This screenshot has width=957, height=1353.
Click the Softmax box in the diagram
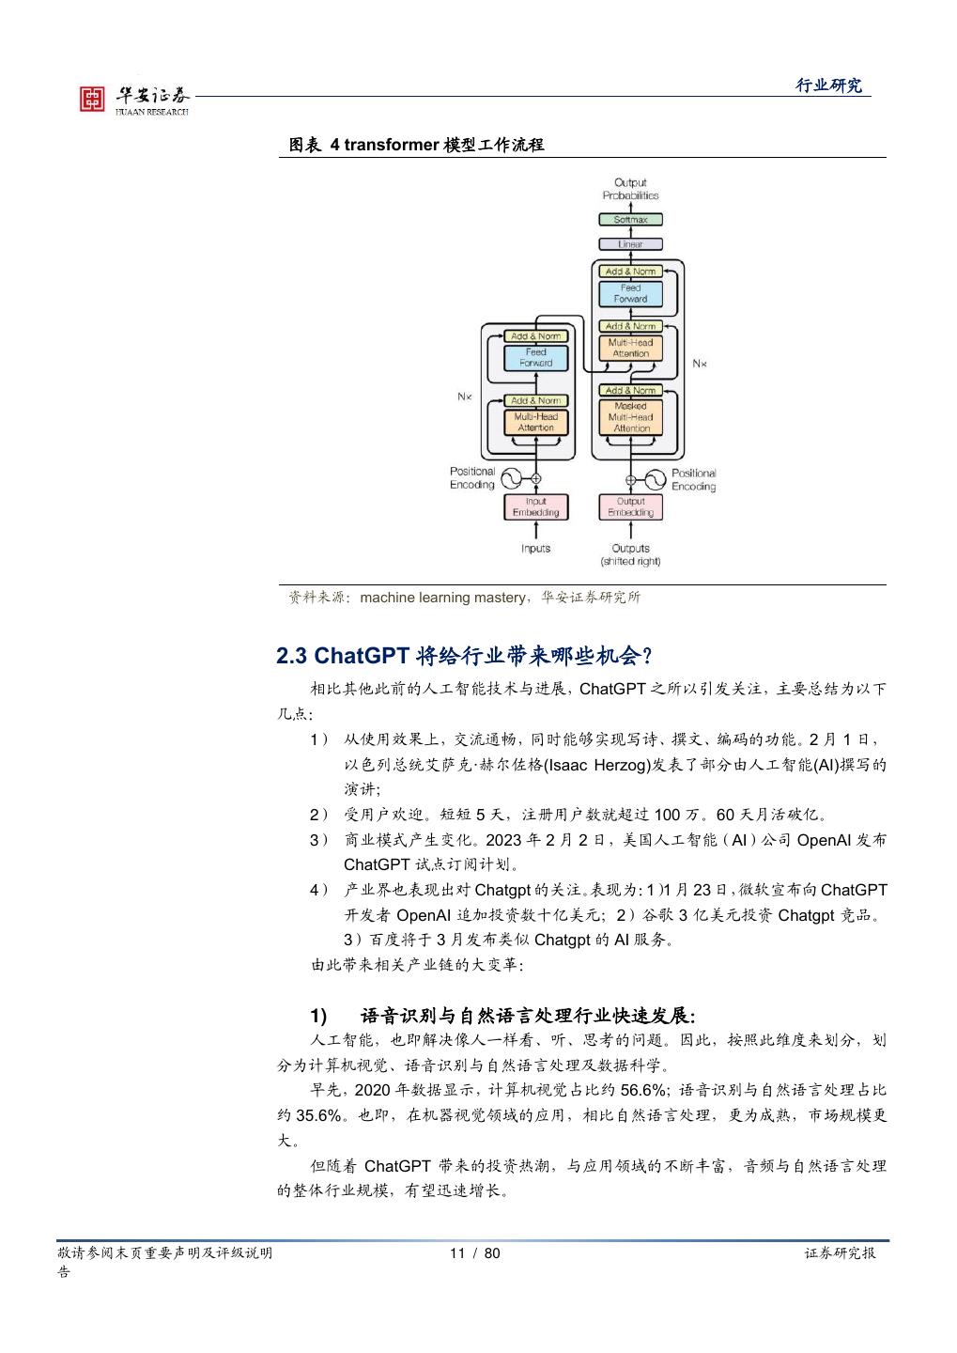pos(630,219)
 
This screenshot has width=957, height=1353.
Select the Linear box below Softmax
pos(630,244)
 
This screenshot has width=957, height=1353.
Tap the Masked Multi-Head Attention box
pos(631,416)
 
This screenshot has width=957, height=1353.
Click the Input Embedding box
pos(535,507)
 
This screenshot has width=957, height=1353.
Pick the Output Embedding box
pos(630,507)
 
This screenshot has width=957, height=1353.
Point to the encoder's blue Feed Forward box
pos(535,358)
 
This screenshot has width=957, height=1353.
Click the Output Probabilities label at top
pos(630,189)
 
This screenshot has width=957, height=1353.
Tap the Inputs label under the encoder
pos(535,548)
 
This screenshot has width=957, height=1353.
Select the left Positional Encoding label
pos(471,478)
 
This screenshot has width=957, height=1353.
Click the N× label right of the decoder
pos(699,363)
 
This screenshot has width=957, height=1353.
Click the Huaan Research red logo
pos(92,99)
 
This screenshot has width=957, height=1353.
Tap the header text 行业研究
pos(828,86)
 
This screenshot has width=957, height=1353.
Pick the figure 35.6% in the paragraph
pos(320,1115)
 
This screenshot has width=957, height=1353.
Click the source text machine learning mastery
pos(442,598)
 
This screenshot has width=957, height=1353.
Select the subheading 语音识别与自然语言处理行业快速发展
pos(527,1016)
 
